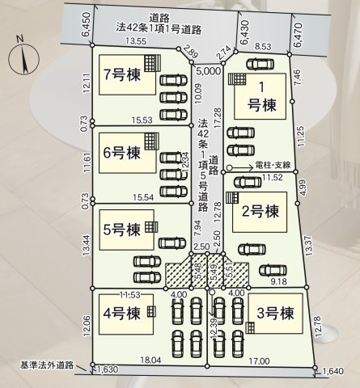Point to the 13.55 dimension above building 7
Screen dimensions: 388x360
click(x=135, y=42)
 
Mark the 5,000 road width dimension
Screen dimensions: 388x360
click(x=208, y=71)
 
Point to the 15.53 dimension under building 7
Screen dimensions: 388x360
click(x=141, y=120)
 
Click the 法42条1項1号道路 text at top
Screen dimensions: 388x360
click(x=168, y=28)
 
